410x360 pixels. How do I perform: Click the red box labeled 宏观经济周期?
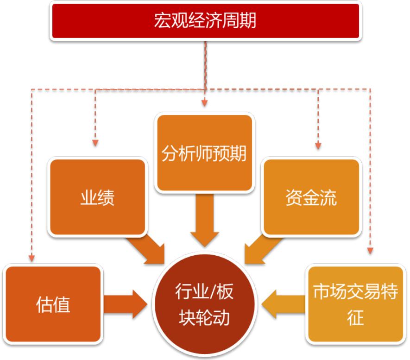[206, 21]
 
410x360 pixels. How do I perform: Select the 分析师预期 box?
[204, 153]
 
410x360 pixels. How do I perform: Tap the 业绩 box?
[98, 197]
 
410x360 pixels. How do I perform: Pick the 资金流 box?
[311, 197]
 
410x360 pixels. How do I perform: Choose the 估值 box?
[53, 304]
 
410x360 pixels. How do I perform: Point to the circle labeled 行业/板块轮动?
[205, 304]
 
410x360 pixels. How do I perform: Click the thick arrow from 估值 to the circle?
[126, 304]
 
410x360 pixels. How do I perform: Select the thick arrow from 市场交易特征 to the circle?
[284, 304]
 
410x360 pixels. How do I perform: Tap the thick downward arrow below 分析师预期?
[205, 220]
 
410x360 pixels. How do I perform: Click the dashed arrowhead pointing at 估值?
[32, 258]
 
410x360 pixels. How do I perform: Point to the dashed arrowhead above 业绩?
[95, 143]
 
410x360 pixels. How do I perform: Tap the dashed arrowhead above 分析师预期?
[205, 103]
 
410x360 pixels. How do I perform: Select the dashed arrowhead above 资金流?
[318, 145]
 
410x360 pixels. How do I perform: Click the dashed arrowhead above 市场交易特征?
[370, 251]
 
